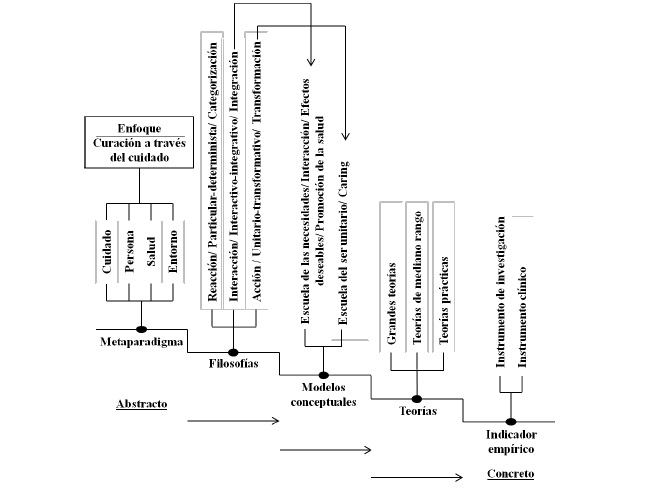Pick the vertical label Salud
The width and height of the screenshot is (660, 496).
[x=151, y=256]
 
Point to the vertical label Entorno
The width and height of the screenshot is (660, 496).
[x=172, y=256]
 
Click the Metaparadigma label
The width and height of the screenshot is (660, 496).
[x=141, y=342]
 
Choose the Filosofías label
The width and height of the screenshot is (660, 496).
[x=232, y=364]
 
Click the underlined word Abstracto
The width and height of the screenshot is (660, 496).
[x=141, y=404]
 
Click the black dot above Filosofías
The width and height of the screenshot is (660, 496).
[x=233, y=351]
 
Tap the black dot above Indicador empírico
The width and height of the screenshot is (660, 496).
[x=511, y=422]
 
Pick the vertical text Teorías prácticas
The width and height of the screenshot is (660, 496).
[x=443, y=303]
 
